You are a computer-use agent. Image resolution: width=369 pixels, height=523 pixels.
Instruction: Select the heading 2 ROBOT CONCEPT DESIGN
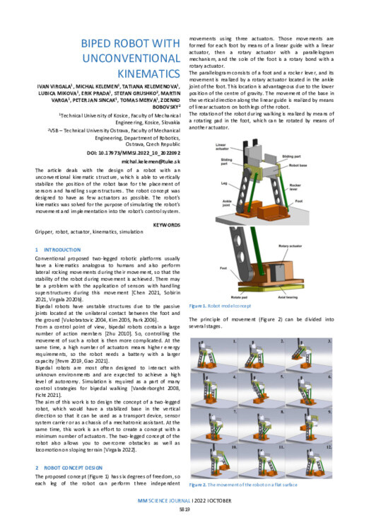coord(74,469)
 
